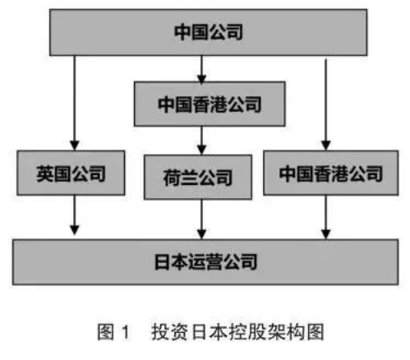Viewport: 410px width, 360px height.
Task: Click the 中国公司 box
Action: click(x=208, y=32)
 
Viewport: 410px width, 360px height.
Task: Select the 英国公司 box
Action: click(x=71, y=173)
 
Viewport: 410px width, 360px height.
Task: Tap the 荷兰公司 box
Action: click(x=198, y=177)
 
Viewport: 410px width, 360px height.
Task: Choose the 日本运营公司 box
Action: click(x=205, y=262)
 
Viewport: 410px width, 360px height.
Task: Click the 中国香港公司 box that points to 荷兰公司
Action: click(x=210, y=104)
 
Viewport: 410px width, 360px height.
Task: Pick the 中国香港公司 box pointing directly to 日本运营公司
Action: click(x=331, y=173)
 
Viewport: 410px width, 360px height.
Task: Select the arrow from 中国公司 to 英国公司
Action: click(x=75, y=103)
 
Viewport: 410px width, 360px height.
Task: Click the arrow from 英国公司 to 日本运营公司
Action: click(x=75, y=215)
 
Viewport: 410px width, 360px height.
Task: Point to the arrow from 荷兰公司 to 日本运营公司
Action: click(x=202, y=219)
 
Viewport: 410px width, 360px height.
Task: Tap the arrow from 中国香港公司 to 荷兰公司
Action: click(x=202, y=141)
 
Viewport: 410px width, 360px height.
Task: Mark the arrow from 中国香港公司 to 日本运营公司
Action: click(x=325, y=217)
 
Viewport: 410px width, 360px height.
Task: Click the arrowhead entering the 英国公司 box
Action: click(x=75, y=145)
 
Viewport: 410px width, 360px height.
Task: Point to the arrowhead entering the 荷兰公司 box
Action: click(x=202, y=150)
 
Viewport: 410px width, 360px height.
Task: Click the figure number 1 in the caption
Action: click(x=126, y=332)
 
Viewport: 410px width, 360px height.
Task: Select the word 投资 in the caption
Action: click(x=169, y=332)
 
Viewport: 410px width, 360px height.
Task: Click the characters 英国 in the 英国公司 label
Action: click(x=53, y=173)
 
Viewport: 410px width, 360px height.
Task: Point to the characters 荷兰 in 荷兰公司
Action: click(x=181, y=178)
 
